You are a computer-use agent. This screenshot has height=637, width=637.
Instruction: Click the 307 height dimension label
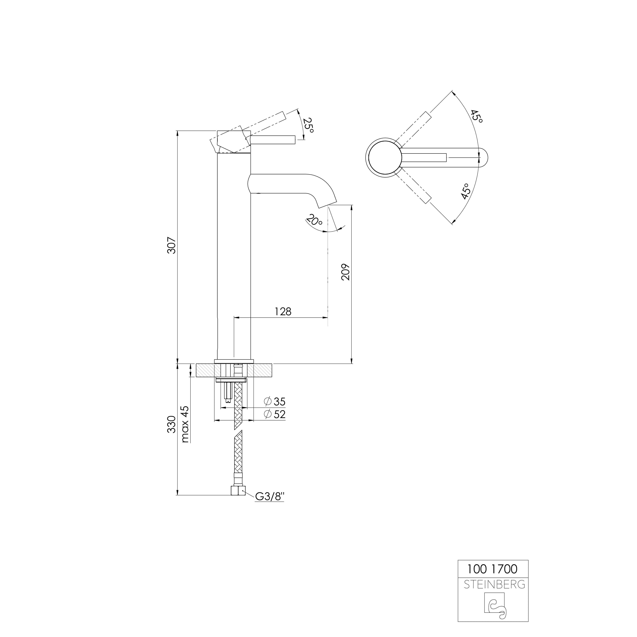point(171,245)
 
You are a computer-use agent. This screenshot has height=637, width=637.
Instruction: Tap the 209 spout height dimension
point(345,272)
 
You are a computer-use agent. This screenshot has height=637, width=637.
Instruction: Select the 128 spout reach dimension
point(283,311)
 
